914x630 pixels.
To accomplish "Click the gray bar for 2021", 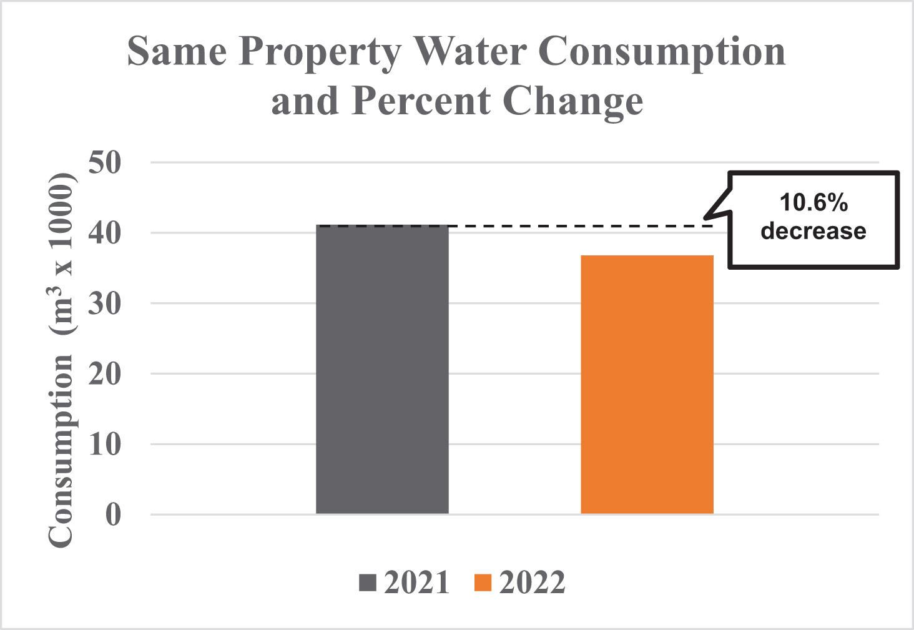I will (x=382, y=369).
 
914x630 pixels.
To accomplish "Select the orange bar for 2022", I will (x=647, y=384).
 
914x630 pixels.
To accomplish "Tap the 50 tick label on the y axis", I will (x=104, y=163).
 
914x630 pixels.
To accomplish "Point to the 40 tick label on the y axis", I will (x=104, y=234).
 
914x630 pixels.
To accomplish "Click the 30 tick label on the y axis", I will (x=104, y=304).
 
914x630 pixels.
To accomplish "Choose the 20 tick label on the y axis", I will (x=104, y=375).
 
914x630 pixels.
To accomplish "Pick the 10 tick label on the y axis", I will (x=104, y=445).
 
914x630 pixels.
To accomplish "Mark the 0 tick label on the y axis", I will (x=113, y=516).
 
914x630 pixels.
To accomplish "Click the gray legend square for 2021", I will (x=368, y=583).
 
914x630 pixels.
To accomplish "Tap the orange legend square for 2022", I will (x=483, y=583).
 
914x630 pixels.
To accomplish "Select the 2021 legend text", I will (x=416, y=583).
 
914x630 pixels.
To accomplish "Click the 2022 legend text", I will (x=532, y=583).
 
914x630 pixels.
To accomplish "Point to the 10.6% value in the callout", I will (x=813, y=203).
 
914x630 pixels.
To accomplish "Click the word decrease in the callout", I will (x=813, y=231).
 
